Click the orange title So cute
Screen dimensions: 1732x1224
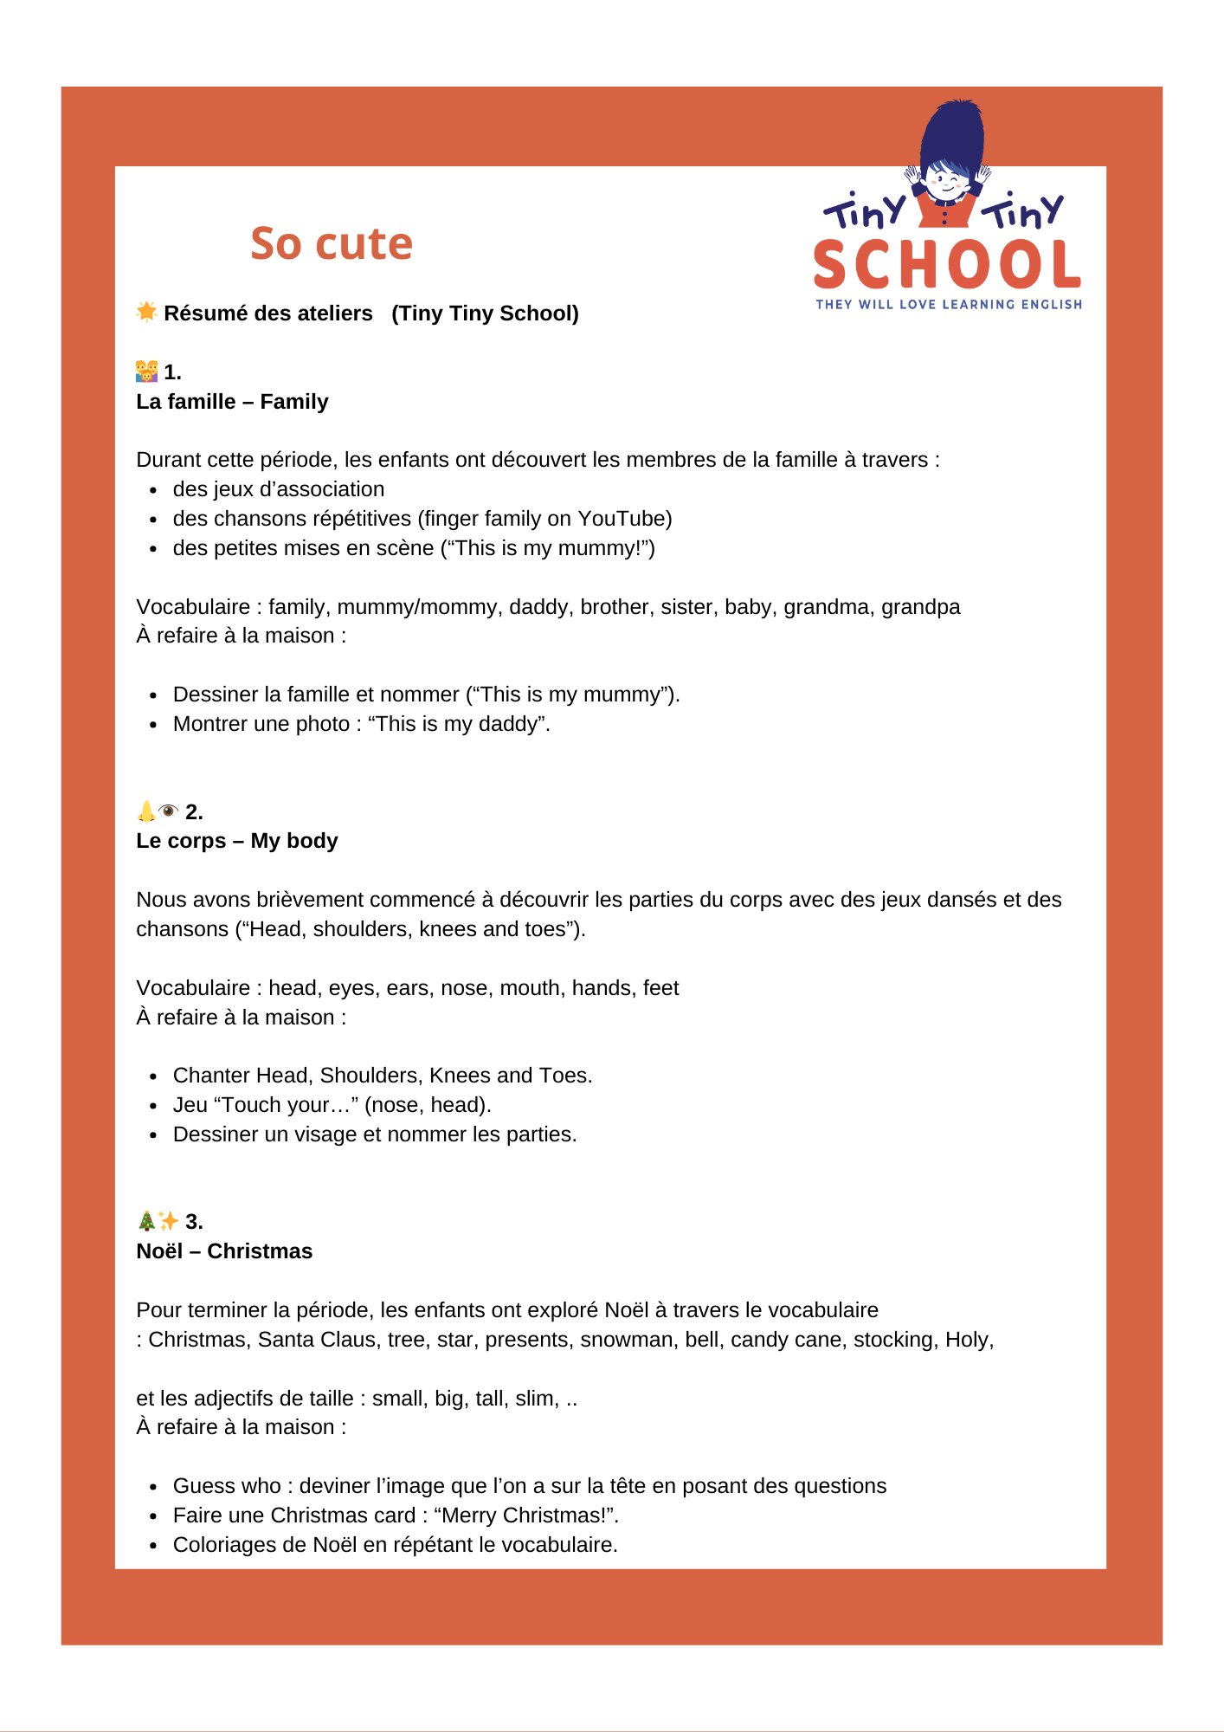[332, 243]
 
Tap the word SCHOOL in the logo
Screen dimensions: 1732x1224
[947, 265]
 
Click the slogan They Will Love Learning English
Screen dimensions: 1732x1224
[949, 305]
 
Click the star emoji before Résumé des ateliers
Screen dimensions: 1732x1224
[146, 312]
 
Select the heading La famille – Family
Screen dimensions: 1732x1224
[232, 402]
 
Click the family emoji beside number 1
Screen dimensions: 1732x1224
[146, 372]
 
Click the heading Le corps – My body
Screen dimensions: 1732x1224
[236, 841]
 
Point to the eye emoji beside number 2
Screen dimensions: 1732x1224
[169, 811]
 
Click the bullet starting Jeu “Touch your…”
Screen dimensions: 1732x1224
[332, 1105]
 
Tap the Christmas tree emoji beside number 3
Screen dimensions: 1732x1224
[146, 1221]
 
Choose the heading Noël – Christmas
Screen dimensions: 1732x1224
[224, 1251]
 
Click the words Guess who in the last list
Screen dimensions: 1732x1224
[227, 1486]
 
